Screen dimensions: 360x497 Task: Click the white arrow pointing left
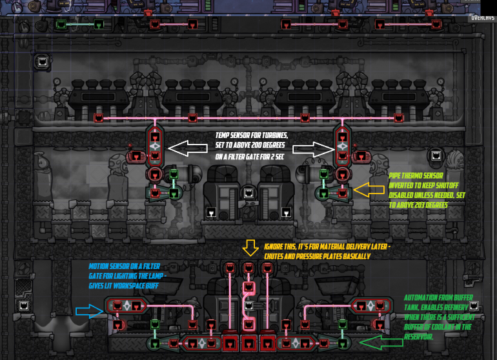coord(189,150)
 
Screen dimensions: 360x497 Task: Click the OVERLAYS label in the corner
coord(482,18)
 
